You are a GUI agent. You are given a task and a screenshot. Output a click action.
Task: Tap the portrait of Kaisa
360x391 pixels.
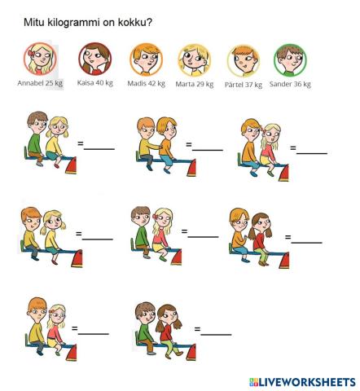94,59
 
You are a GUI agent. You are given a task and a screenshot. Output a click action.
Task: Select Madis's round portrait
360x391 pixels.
147,59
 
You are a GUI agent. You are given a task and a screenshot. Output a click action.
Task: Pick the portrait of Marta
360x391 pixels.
194,59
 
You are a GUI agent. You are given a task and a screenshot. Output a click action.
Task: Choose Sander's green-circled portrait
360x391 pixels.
289,59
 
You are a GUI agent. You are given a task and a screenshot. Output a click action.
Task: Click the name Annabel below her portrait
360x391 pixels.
30,83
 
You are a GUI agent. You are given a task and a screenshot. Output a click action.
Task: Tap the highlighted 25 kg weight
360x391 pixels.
54,83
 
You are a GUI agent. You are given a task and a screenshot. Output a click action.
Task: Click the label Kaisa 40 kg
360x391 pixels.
95,83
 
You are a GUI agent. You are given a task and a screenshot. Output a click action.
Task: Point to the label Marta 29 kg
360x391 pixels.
195,84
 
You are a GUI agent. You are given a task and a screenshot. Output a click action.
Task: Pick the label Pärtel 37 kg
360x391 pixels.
244,84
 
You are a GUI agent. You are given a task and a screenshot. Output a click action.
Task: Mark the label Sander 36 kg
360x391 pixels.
290,84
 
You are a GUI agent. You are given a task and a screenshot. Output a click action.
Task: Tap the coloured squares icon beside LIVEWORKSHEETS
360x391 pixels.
253,382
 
